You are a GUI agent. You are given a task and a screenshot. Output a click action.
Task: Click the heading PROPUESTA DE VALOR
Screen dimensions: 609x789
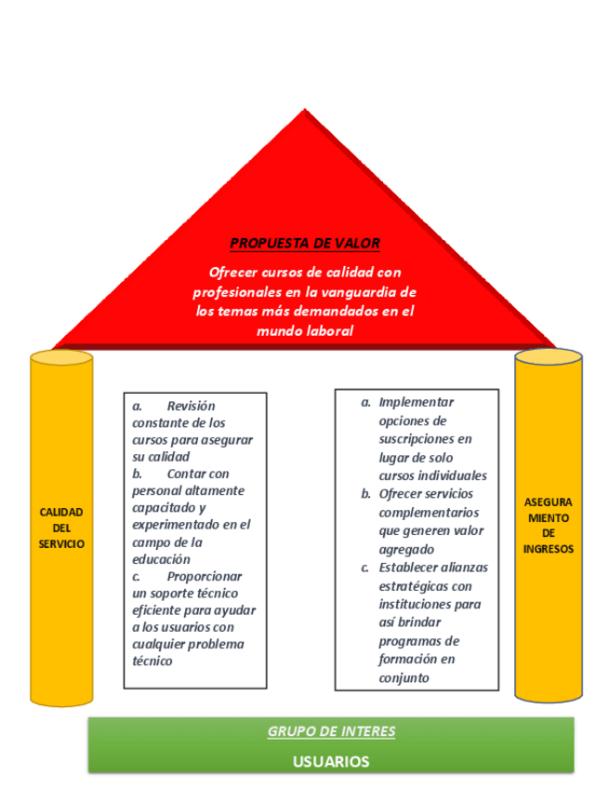coord(305,244)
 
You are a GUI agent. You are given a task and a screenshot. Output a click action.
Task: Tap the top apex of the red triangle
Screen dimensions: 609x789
coord(304,112)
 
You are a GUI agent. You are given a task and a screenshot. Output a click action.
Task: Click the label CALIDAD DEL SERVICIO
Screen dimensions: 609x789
coord(61,528)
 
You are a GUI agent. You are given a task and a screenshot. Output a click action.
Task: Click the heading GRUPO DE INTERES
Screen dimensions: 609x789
coord(331,731)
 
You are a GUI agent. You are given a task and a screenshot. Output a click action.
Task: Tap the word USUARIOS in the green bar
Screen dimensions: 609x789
coord(331,761)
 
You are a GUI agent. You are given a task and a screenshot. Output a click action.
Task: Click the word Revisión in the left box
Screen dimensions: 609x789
coord(191,407)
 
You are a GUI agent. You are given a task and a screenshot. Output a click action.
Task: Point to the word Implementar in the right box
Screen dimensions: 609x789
coord(417,403)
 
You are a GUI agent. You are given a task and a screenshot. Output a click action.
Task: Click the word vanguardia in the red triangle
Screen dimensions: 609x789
coord(351,292)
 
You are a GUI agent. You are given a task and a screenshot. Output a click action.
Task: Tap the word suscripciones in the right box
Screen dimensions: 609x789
coord(426,438)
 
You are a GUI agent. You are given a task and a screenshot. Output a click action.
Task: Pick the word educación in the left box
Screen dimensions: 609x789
coord(161,559)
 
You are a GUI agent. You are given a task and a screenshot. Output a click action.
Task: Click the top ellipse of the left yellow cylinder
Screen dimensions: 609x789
coord(61,358)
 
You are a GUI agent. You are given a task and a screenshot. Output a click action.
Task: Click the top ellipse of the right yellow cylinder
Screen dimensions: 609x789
coord(549,356)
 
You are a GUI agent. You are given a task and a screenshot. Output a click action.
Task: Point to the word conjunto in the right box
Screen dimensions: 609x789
coord(404,677)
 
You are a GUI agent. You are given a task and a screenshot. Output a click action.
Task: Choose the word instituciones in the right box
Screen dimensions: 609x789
coord(418,605)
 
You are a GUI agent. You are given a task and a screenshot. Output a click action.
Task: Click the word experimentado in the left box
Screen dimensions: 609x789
coord(177,525)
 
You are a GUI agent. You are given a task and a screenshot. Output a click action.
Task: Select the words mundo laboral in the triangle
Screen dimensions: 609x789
coord(305,330)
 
